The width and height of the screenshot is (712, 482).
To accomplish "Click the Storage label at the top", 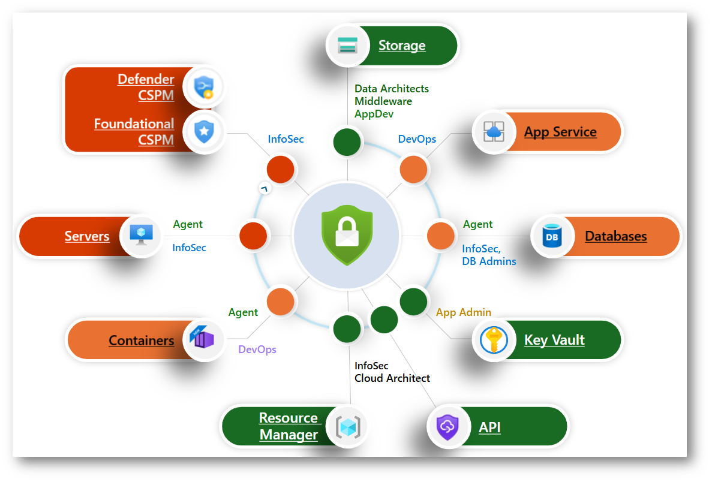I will pyautogui.click(x=401, y=46).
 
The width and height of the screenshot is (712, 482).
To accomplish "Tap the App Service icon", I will pyautogui.click(x=494, y=131).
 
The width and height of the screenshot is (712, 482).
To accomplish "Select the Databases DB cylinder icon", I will pyautogui.click(x=551, y=236).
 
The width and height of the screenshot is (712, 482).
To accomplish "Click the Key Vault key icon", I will pyautogui.click(x=494, y=340).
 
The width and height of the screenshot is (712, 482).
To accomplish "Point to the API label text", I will pyautogui.click(x=489, y=427).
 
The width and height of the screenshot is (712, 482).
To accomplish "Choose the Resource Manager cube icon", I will pyautogui.click(x=347, y=427).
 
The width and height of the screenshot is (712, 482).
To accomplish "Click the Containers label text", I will pyautogui.click(x=141, y=341).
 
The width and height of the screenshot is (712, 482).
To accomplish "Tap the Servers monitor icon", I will pyautogui.click(x=142, y=236).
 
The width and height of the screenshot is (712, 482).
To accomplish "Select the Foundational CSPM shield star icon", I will pyautogui.click(x=204, y=131).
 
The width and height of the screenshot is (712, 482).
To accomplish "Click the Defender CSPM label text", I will pyautogui.click(x=146, y=87).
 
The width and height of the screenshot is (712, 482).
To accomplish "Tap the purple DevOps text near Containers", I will pyautogui.click(x=257, y=350).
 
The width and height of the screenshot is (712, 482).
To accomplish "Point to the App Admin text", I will pyautogui.click(x=463, y=312).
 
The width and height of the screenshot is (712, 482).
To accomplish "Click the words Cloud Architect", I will pyautogui.click(x=392, y=378).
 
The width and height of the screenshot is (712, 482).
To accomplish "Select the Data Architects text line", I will pyautogui.click(x=392, y=89).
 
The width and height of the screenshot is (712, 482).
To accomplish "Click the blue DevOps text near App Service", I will pyautogui.click(x=417, y=139).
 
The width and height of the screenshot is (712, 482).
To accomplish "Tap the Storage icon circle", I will pyautogui.click(x=347, y=46).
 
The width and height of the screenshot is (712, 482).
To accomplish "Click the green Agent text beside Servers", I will pyautogui.click(x=188, y=224).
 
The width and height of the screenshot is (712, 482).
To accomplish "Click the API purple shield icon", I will pyautogui.click(x=447, y=427).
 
